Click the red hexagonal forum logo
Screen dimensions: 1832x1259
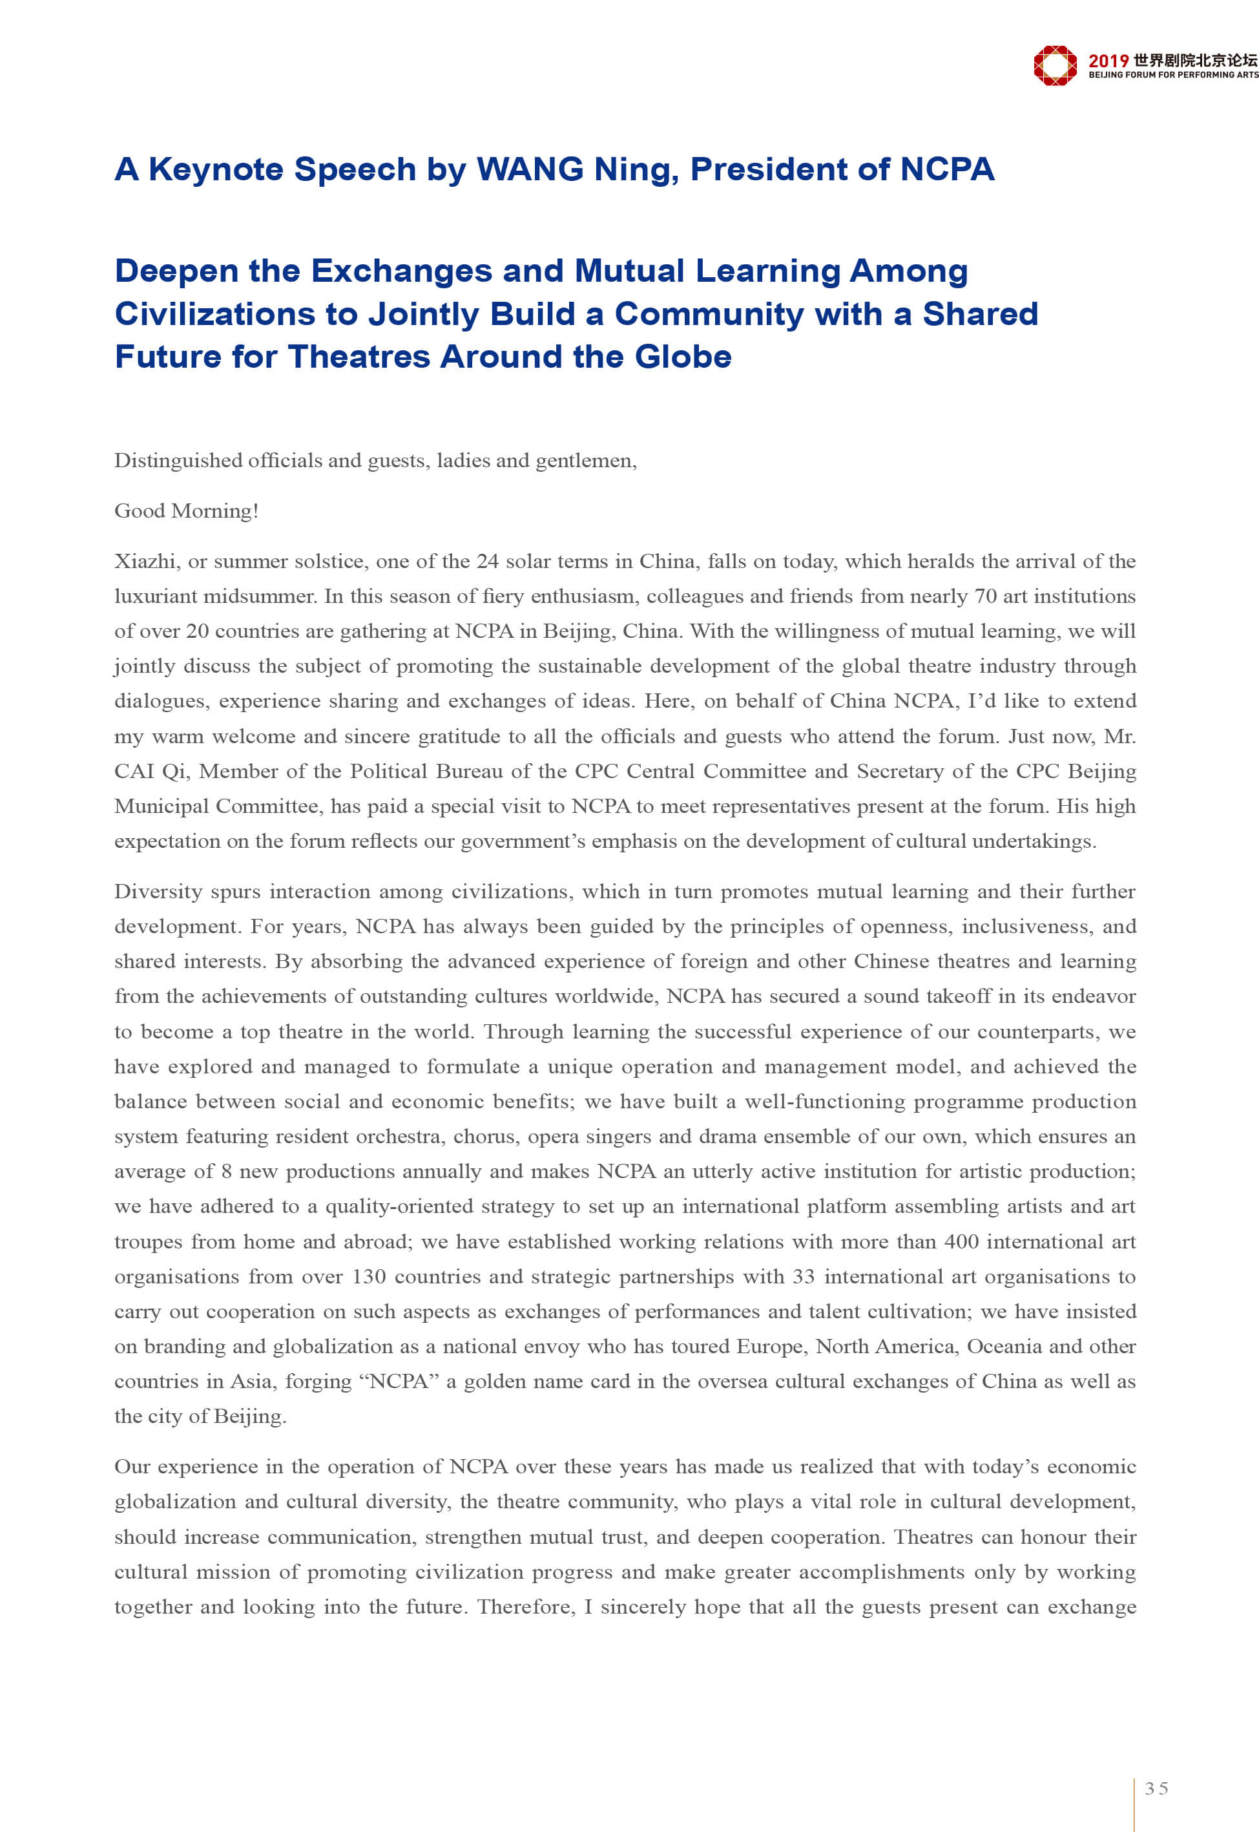pos(1055,65)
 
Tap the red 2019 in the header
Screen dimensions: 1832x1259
pos(1108,61)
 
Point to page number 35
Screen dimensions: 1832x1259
pos(1156,1789)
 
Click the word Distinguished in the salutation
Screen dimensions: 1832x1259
pos(178,461)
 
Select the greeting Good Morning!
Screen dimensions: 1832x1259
pos(186,511)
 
